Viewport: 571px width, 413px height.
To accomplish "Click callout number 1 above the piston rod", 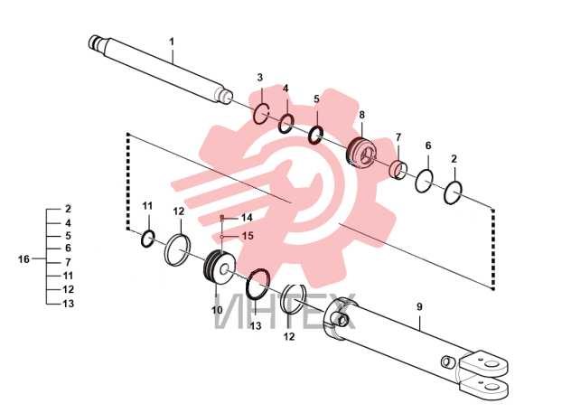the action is (x=172, y=42).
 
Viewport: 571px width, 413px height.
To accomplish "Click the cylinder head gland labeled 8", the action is (x=360, y=153).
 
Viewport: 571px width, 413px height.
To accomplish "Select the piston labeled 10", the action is (x=219, y=268).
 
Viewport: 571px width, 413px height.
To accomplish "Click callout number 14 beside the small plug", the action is (x=247, y=218).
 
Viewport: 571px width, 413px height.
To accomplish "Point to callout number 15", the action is (x=248, y=236).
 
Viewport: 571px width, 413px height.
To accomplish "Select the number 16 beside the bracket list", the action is (x=23, y=259).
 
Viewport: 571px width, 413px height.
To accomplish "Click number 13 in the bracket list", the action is (x=68, y=304).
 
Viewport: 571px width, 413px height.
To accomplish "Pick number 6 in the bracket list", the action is (x=68, y=248).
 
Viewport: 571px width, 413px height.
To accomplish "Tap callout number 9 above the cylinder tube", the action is (x=419, y=306).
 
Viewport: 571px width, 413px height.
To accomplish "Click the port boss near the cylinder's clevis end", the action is (x=446, y=361).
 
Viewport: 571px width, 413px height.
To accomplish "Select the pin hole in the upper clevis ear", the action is (x=492, y=365).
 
